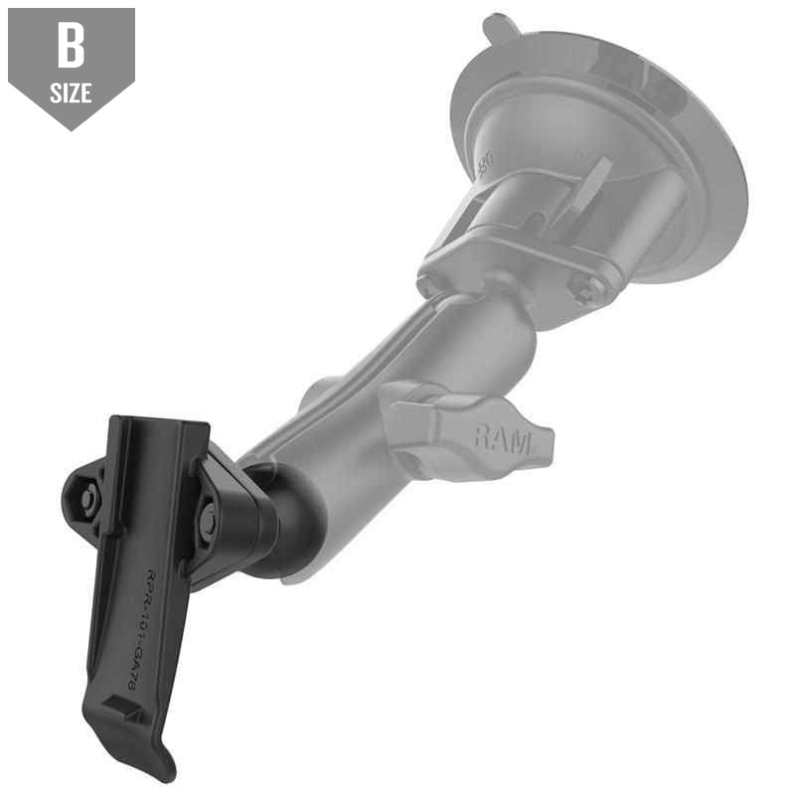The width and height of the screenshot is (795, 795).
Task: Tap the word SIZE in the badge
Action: click(71, 94)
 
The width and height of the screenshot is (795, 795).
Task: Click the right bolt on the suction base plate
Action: click(583, 289)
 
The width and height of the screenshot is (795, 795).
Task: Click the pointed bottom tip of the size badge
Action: click(71, 126)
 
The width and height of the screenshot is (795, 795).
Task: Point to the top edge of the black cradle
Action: click(159, 422)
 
